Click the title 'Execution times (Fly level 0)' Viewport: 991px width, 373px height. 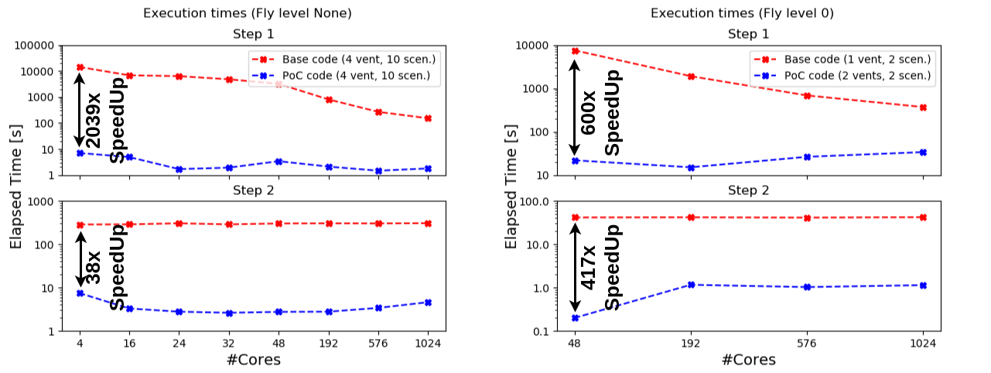743,13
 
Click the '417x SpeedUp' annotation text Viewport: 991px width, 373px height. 600,267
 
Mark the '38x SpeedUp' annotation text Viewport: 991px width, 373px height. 104,267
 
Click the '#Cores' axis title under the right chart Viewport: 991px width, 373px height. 749,361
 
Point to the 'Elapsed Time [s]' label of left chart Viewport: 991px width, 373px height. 17,188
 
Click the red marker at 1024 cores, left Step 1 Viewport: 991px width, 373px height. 428,118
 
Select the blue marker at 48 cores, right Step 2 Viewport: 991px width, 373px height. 575,318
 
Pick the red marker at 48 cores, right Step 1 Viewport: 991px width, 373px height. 575,51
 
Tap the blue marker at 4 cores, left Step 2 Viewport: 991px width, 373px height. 80,293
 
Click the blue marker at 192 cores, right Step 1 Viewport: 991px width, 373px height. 691,167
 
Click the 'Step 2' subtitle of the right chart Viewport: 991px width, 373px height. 749,189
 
